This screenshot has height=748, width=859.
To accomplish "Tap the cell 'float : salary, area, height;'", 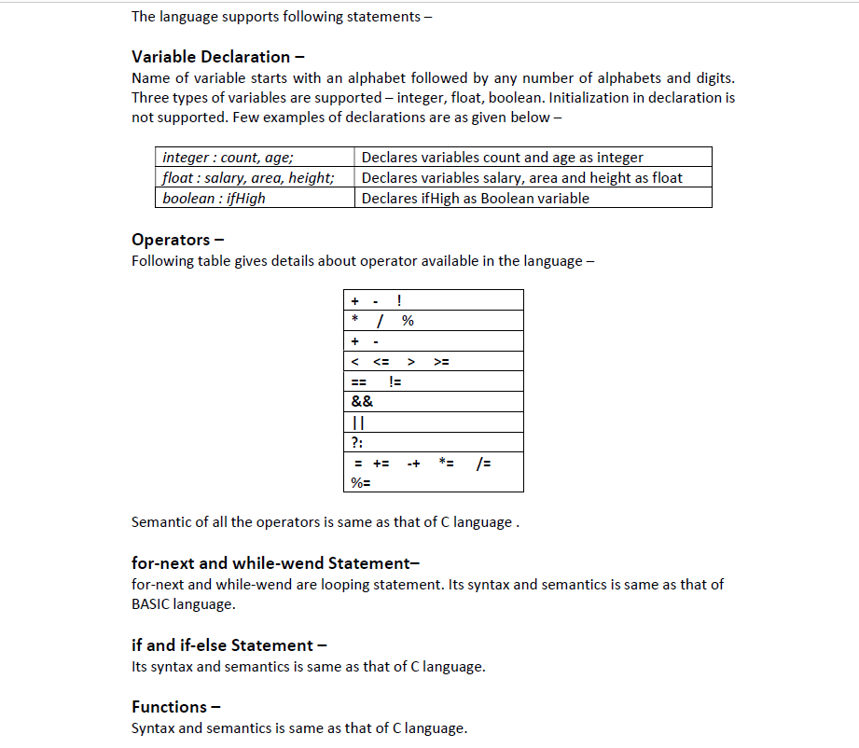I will point(247,177).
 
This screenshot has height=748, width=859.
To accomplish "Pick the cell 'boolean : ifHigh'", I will point(214,198).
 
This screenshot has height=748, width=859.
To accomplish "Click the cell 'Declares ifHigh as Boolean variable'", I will point(475,198).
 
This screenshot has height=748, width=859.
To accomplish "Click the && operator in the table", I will point(362,402).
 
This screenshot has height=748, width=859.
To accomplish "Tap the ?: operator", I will point(357,443).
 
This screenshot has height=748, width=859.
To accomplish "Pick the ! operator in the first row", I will point(399,300).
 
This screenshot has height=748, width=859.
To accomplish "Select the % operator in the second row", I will point(408,321).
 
